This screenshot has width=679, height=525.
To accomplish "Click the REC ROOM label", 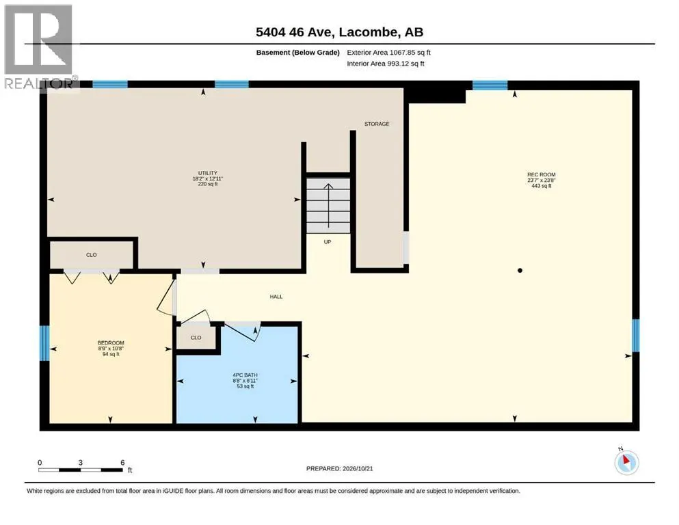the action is [x=542, y=174].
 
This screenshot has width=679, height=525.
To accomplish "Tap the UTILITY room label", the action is [x=207, y=173].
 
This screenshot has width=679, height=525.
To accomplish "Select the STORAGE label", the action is [x=377, y=124].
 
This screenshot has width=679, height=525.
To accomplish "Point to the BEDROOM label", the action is [x=111, y=342].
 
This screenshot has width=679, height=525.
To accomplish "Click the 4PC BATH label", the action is [x=245, y=375].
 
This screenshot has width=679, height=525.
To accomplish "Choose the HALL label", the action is [x=276, y=297].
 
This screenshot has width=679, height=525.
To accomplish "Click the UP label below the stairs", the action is [x=328, y=242].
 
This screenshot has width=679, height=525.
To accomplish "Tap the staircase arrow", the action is [x=329, y=206].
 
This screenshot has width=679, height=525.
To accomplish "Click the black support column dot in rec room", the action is [x=520, y=271].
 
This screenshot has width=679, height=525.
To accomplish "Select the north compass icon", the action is [x=626, y=462].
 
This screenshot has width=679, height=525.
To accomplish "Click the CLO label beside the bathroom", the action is [x=196, y=338].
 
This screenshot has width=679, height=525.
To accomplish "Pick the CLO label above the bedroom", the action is [x=92, y=255].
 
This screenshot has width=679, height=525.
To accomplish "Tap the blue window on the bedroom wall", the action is [x=44, y=343].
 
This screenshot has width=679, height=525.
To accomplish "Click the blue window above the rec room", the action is [x=490, y=85].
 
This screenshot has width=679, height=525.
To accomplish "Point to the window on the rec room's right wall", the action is [x=635, y=336].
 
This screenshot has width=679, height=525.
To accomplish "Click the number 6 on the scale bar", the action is [x=122, y=462].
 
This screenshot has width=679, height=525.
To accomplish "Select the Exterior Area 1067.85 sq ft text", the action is [x=388, y=53].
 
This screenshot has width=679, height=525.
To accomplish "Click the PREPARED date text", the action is [x=339, y=468].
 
